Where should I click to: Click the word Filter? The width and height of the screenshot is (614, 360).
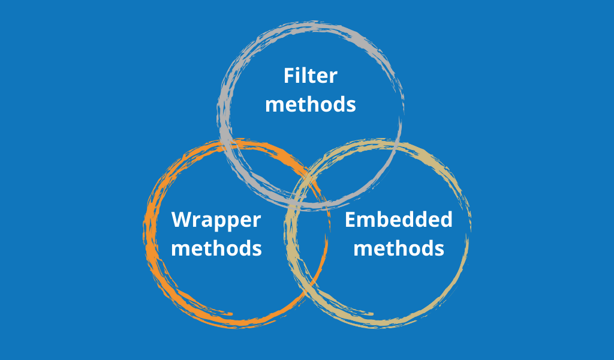click(311, 76)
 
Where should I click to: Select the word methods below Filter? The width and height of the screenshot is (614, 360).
click(311, 104)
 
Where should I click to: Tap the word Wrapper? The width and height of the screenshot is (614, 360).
click(216, 220)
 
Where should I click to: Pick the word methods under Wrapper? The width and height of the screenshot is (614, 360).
click(216, 248)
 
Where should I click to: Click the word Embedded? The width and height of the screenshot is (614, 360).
click(399, 220)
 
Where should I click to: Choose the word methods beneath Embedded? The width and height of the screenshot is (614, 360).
click(399, 248)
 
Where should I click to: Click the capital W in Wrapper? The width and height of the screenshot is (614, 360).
click(182, 220)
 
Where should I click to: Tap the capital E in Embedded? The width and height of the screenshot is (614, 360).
click(350, 220)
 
